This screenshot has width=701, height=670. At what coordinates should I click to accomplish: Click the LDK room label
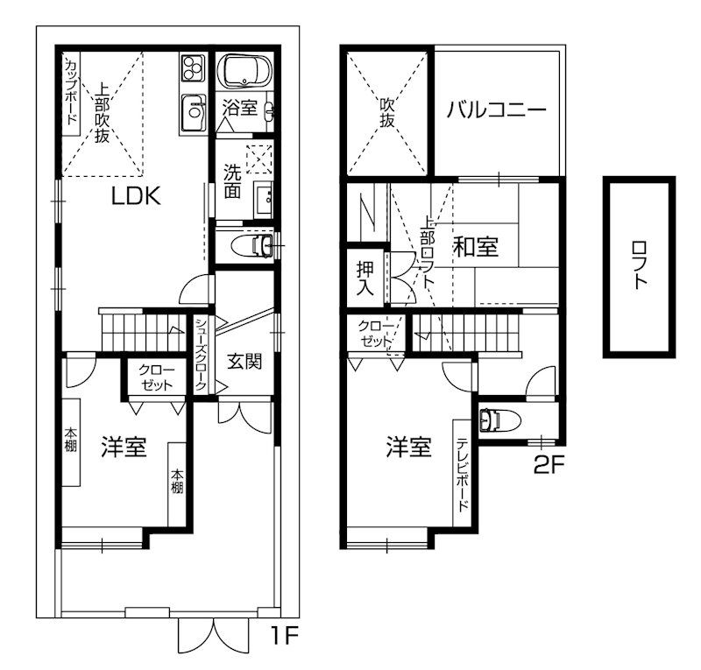pyautogui.click(x=135, y=196)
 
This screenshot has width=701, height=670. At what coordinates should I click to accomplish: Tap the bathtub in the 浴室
pyautogui.click(x=244, y=71)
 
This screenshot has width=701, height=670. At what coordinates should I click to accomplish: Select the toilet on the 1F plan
pyautogui.click(x=251, y=244)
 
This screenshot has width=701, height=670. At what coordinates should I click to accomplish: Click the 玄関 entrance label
pyautogui.click(x=245, y=360)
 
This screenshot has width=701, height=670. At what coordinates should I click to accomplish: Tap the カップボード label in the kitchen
pyautogui.click(x=71, y=92)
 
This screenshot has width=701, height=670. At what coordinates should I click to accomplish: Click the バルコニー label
pyautogui.click(x=496, y=111)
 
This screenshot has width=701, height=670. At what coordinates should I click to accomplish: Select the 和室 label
pyautogui.click(x=476, y=247)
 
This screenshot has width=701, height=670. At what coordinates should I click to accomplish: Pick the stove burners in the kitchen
pyautogui.click(x=192, y=68)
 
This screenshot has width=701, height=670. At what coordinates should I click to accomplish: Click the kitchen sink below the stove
pyautogui.click(x=193, y=111)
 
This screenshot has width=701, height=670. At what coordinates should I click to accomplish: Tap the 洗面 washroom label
pyautogui.click(x=232, y=180)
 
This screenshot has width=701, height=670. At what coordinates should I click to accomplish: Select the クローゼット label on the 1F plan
pyautogui.click(x=158, y=377)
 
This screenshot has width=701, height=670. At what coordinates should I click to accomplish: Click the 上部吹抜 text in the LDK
pyautogui.click(x=103, y=113)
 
